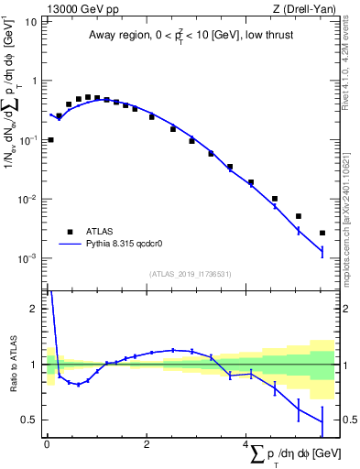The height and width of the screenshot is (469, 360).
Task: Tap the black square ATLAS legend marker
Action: (68, 231)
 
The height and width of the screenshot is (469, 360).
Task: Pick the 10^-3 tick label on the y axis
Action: (27, 259)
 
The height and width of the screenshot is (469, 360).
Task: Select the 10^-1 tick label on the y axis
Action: (27, 140)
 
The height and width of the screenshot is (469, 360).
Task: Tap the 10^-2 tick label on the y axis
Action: (27, 200)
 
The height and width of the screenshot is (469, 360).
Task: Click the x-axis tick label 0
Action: (47, 443)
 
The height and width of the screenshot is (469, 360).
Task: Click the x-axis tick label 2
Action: (147, 443)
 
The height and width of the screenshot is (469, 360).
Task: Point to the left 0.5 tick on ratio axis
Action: (30, 420)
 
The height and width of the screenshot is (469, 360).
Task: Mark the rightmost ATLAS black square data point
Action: (322, 233)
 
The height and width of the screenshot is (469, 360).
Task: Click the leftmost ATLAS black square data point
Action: (50, 140)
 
